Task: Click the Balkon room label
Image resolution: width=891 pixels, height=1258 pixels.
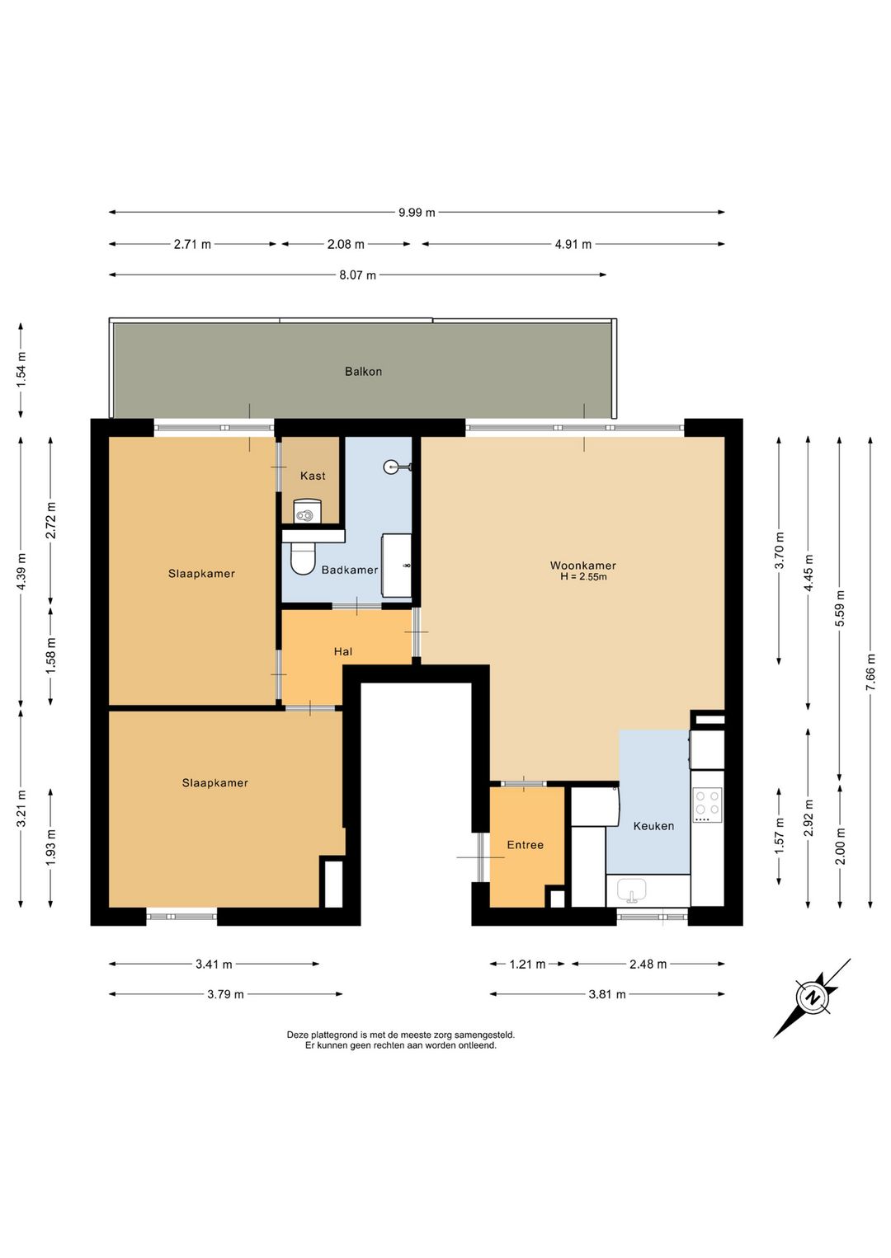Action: [363, 371]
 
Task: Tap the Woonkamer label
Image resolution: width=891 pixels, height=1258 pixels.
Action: [583, 566]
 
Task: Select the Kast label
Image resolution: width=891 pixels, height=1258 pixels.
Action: [313, 476]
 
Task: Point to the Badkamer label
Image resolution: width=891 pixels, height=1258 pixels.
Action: [350, 570]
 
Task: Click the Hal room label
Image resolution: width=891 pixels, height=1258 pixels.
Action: [343, 651]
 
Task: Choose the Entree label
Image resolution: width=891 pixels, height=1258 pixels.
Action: [525, 845]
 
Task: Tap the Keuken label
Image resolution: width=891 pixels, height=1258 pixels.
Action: [653, 825]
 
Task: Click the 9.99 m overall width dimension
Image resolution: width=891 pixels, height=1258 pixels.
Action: [417, 213]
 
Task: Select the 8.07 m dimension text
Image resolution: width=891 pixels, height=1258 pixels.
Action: [357, 275]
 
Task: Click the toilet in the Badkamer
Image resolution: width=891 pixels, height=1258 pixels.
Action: [302, 557]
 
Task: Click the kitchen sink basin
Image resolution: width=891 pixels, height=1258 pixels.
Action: [632, 890]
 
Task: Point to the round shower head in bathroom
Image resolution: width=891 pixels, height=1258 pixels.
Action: [391, 466]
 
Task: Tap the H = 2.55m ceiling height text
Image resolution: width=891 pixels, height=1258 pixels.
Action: [583, 577]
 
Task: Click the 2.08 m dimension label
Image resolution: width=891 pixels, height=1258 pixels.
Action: [346, 244]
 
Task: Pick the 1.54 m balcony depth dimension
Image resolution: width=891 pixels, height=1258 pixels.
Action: [21, 370]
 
